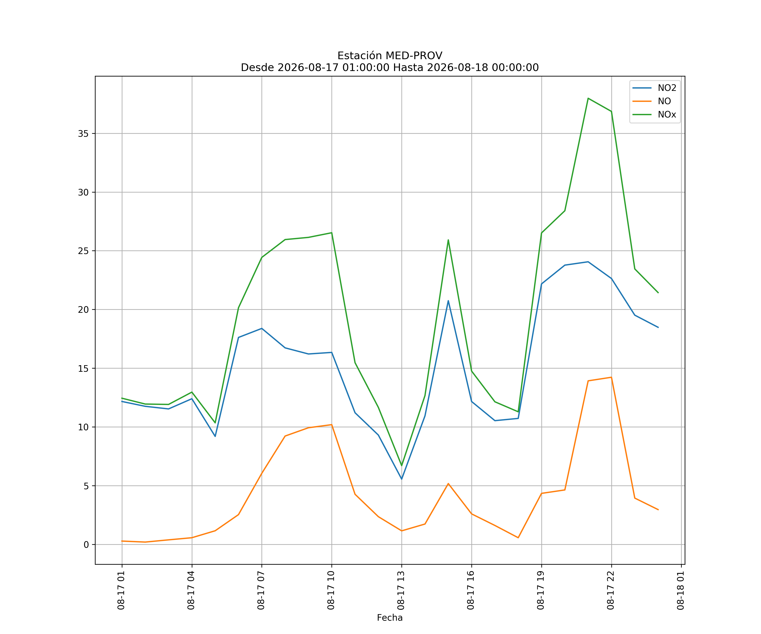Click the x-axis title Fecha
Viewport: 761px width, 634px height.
[390, 618]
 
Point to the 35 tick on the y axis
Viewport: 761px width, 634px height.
[83, 134]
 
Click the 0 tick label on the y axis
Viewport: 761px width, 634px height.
[86, 545]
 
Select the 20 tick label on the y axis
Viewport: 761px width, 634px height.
[83, 310]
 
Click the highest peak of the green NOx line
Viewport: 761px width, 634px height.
[588, 98]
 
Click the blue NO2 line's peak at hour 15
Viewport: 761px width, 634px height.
[448, 301]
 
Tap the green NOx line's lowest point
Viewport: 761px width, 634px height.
[401, 466]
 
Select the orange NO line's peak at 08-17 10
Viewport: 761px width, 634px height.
[332, 425]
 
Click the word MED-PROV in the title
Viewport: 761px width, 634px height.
[414, 56]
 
